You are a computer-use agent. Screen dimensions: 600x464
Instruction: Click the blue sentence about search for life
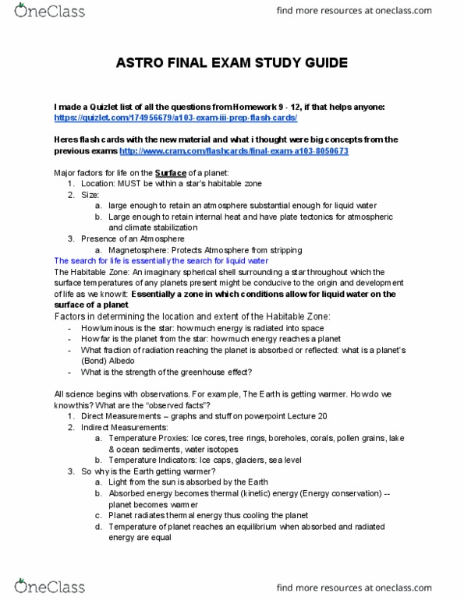point(161,259)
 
